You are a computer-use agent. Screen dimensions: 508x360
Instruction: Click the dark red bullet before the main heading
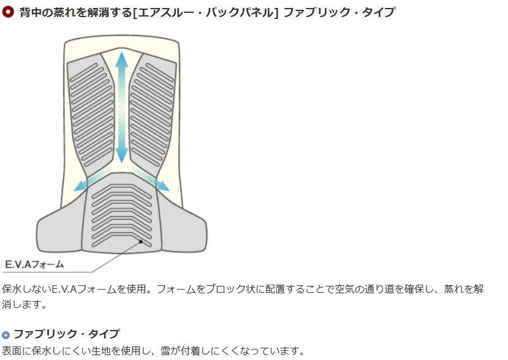click(7, 12)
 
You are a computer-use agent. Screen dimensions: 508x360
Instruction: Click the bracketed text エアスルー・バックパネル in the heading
click(206, 13)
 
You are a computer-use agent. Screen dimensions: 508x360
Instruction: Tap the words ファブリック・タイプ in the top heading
click(339, 12)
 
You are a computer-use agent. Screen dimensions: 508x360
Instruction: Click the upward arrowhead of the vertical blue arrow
click(121, 59)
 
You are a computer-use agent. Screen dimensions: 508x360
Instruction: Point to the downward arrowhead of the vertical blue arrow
click(121, 155)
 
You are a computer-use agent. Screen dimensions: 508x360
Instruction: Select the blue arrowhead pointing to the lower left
click(81, 186)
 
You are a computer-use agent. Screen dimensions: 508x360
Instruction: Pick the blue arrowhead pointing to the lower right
click(162, 186)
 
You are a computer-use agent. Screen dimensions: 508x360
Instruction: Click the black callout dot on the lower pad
click(141, 241)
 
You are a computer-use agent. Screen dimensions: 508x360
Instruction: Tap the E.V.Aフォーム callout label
click(34, 264)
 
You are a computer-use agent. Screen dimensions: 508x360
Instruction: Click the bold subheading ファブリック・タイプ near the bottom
click(66, 334)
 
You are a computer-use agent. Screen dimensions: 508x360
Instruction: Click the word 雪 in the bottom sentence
click(165, 351)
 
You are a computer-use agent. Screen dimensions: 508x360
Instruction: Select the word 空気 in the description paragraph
click(345, 289)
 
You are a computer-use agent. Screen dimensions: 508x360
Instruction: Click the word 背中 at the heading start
click(31, 13)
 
